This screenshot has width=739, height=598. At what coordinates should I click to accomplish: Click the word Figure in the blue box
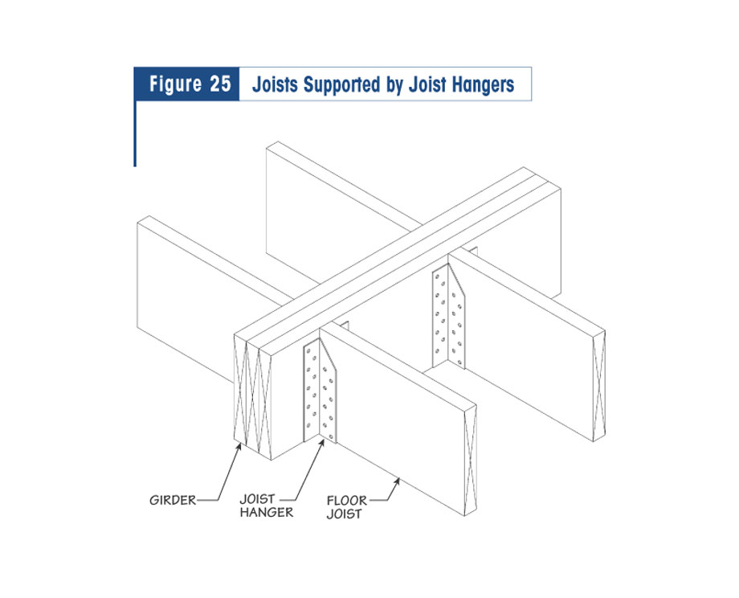[x=175, y=84]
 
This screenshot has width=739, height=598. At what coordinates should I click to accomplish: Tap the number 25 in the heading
[x=220, y=84]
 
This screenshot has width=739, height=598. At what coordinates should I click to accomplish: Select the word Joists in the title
[x=275, y=84]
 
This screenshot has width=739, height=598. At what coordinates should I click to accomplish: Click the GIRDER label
[x=173, y=500]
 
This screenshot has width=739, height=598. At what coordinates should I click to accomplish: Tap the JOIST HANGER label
[x=267, y=506]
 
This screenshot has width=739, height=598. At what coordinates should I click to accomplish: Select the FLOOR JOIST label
[x=346, y=507]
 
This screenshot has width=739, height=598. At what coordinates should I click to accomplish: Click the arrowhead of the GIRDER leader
[x=239, y=445]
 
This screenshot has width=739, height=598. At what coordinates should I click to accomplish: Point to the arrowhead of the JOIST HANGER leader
[x=322, y=444]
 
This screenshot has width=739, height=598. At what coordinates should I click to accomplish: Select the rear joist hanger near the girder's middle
[x=449, y=316]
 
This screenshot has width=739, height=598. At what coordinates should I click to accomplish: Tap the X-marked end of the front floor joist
[x=470, y=461]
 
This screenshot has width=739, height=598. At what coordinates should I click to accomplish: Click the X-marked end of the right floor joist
[x=599, y=386]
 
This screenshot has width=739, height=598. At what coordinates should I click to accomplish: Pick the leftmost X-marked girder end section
[x=240, y=389]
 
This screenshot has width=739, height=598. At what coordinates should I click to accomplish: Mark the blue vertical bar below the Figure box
[x=135, y=133]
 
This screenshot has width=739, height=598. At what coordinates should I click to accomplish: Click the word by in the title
[x=394, y=86]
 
